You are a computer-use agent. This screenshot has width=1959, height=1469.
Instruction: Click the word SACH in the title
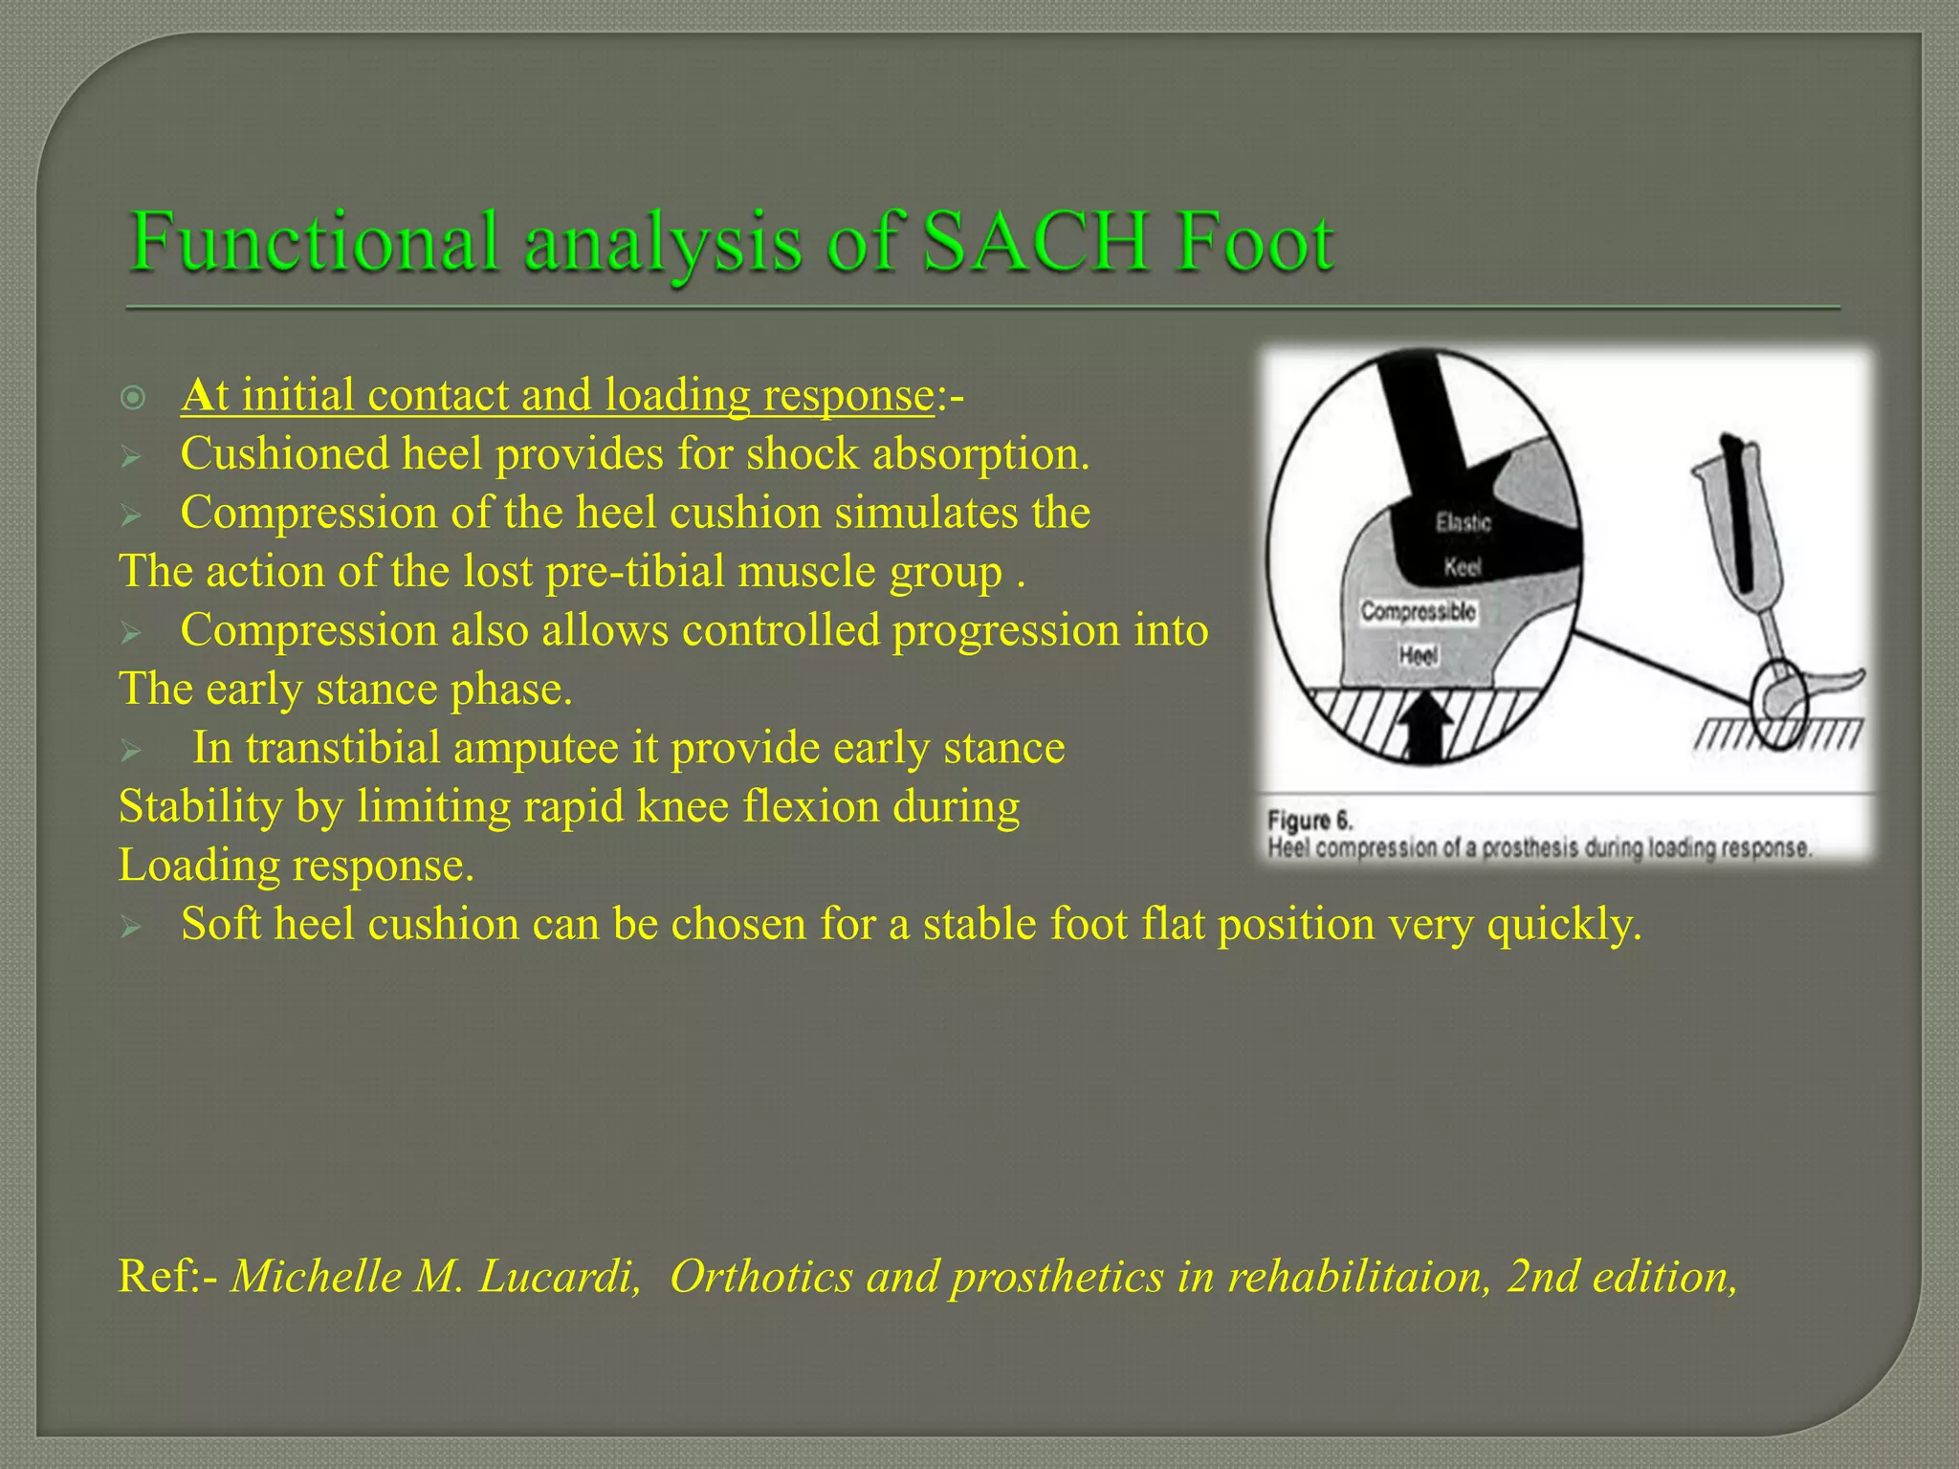click(x=1034, y=242)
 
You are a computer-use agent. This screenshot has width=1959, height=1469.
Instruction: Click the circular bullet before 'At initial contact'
click(x=134, y=397)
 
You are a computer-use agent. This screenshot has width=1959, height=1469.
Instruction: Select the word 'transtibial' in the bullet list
click(x=344, y=748)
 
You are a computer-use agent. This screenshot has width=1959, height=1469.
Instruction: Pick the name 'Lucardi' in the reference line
click(x=559, y=1277)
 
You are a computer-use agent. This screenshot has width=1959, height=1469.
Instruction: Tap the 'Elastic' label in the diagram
click(x=1463, y=523)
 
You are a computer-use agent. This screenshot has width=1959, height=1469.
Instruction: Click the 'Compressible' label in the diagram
click(x=1418, y=612)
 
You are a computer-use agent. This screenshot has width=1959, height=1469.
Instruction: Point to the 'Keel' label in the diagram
click(x=1463, y=567)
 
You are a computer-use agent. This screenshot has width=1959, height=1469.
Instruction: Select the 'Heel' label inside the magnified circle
click(x=1419, y=656)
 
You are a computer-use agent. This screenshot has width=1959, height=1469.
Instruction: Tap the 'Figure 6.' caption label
click(x=1310, y=821)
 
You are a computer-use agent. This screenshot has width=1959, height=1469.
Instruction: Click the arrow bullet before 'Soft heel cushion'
click(x=132, y=926)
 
